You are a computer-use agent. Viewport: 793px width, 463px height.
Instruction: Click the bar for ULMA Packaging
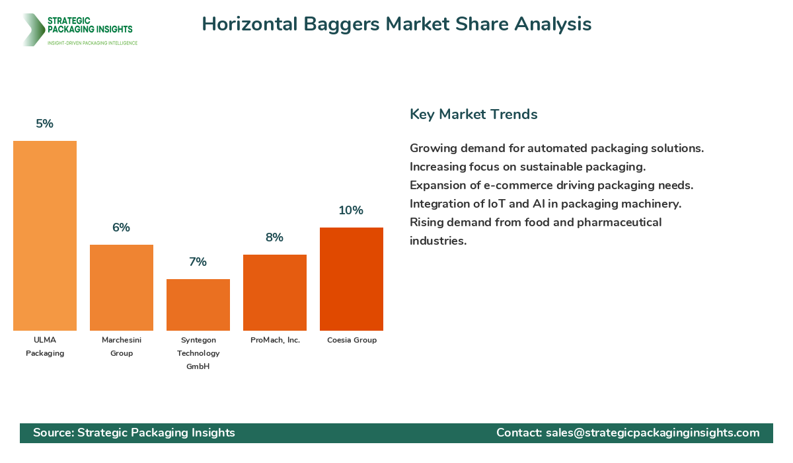coord(45,235)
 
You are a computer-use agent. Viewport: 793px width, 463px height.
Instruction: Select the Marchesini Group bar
coord(122,288)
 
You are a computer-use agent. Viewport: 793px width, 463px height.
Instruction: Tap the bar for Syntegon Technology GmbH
coord(198,305)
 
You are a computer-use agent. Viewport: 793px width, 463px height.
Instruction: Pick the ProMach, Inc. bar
coord(275,292)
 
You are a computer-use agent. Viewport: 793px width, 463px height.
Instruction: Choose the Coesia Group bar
coord(352,279)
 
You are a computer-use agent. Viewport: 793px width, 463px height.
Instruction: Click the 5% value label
coord(45,124)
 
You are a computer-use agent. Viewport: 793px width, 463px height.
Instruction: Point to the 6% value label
coord(122,228)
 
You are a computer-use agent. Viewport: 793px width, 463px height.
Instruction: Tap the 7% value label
coord(198,262)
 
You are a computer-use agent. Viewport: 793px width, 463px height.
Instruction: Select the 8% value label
coord(275,237)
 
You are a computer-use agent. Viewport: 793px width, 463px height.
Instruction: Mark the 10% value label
coord(352,210)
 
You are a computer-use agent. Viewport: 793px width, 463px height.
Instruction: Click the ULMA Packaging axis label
coord(45,347)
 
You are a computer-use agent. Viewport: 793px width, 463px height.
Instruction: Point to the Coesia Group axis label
coord(352,340)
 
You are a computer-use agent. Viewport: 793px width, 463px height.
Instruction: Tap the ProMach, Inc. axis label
coord(275,340)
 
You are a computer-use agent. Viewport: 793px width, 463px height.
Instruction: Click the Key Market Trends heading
coord(473,114)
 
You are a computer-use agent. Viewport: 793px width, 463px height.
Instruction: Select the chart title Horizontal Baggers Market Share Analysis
coord(397,24)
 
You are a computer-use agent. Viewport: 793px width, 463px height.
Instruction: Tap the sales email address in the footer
coord(652,433)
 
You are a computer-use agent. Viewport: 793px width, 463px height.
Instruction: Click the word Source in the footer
coord(53,433)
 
